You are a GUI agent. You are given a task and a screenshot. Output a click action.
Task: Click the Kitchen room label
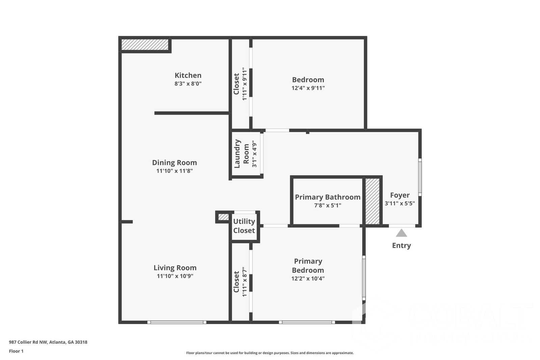[188, 75]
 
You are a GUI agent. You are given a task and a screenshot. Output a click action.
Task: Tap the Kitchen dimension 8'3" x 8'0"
[188, 83]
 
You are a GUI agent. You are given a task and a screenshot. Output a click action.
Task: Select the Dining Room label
[174, 162]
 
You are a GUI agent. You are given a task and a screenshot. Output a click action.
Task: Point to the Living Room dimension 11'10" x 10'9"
[175, 276]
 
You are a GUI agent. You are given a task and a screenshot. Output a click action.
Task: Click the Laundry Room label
[242, 154]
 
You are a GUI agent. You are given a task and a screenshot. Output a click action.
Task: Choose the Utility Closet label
[244, 226]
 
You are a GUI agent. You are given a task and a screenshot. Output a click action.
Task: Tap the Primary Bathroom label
[328, 197]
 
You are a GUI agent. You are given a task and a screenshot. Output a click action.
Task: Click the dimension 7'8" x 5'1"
[328, 205]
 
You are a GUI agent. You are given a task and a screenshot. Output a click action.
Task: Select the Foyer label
[400, 195]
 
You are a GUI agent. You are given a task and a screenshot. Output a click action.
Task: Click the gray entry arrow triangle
[401, 233]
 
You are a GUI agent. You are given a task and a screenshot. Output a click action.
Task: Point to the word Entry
[401, 246]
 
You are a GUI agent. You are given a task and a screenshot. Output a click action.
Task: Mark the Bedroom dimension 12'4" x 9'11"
[308, 88]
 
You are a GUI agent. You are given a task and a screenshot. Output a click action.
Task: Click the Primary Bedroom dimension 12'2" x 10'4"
[308, 279]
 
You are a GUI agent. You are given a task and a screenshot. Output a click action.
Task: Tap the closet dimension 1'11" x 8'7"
[245, 282]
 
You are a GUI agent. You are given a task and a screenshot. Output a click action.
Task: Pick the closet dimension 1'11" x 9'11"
[245, 84]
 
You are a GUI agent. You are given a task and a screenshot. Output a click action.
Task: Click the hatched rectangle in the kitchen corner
[145, 45]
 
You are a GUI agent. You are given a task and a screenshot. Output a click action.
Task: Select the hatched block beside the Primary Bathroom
[373, 201]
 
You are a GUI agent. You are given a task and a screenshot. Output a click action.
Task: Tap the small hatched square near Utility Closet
[223, 217]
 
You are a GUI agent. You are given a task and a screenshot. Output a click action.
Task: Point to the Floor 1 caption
[16, 351]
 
